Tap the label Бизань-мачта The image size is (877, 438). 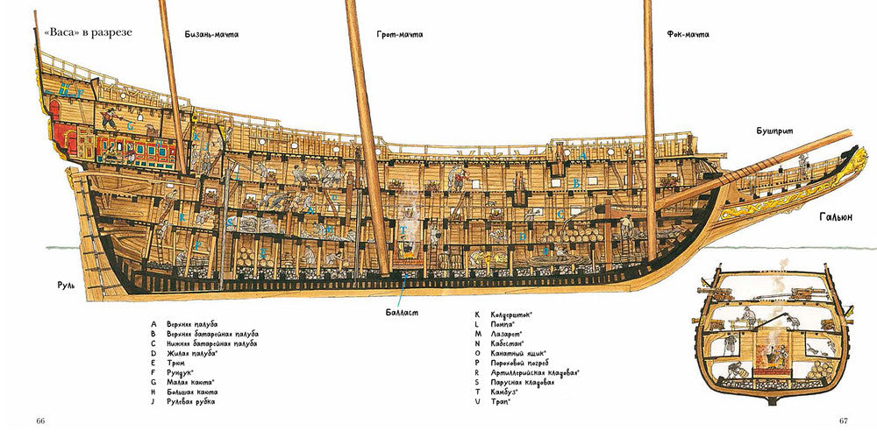click(211, 35)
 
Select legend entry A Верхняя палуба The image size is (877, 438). click(189, 324)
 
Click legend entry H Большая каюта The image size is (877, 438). click(188, 392)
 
